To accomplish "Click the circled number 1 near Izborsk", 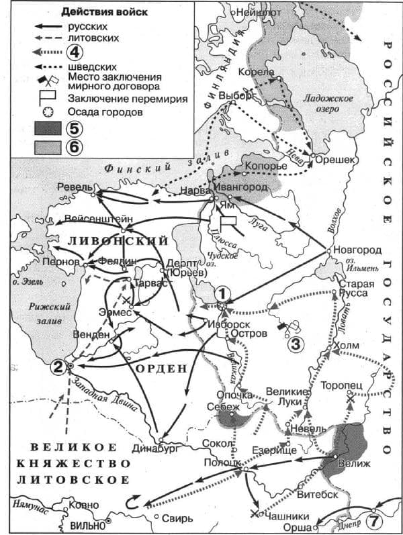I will [222, 293].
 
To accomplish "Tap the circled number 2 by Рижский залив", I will [59, 366].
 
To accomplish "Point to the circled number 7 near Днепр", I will [373, 519].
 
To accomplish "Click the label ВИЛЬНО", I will [87, 524].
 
